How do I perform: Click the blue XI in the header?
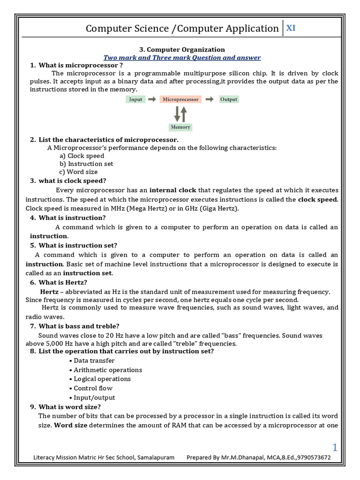click(x=291, y=28)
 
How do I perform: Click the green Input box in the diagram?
click(x=135, y=99)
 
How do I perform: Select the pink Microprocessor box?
click(x=180, y=99)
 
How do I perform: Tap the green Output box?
click(x=229, y=99)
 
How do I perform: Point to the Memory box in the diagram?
click(x=180, y=127)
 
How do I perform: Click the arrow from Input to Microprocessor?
click(x=152, y=99)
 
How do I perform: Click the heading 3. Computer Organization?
click(x=182, y=50)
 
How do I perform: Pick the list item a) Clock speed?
click(x=82, y=156)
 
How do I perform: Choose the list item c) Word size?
click(x=79, y=172)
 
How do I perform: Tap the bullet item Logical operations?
click(x=102, y=379)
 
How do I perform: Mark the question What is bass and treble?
click(x=79, y=326)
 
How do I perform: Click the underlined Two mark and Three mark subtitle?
click(x=182, y=58)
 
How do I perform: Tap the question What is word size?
click(x=69, y=407)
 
